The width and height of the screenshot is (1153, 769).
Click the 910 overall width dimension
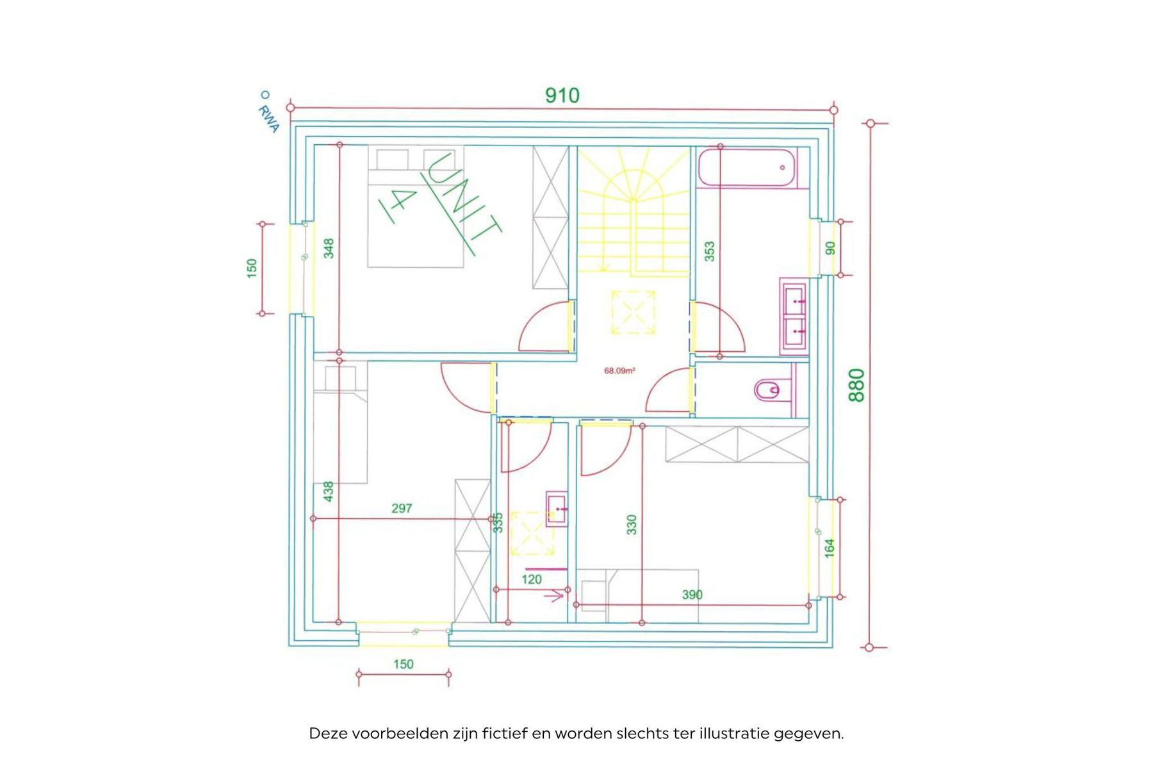[x=562, y=95]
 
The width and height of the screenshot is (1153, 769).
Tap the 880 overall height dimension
[x=856, y=384]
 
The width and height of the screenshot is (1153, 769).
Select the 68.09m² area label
[x=619, y=370]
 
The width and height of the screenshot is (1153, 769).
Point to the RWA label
[x=268, y=119]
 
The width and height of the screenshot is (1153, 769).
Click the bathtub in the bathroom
[x=748, y=167]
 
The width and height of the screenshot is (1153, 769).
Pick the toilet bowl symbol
[x=768, y=390]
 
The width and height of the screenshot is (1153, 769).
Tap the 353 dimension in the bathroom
[x=709, y=251]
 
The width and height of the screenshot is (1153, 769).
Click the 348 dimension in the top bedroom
[x=329, y=248]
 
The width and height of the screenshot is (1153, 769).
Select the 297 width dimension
[x=402, y=508]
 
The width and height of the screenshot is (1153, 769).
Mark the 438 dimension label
[x=329, y=492]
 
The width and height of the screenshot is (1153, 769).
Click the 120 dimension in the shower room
[x=532, y=579]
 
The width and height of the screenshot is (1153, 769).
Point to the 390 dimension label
[x=692, y=595]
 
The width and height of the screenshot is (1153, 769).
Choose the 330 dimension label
[x=632, y=524]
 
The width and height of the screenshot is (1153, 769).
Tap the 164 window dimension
[x=830, y=548]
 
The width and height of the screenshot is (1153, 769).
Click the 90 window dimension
[x=831, y=248]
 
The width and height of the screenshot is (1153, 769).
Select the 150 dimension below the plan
[x=404, y=664]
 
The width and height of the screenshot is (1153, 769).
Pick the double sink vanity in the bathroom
[x=794, y=317]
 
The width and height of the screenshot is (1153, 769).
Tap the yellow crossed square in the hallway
[x=633, y=312]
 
